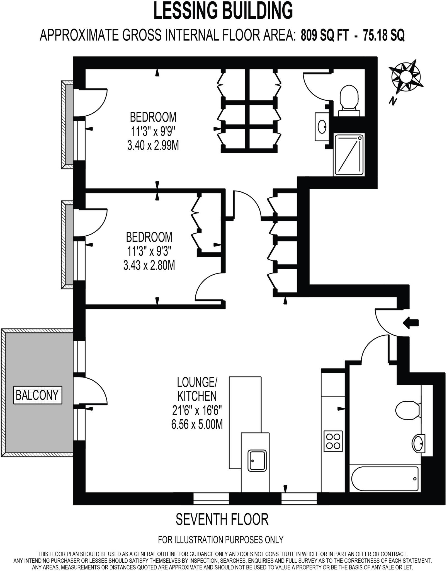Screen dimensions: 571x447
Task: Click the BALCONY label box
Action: tap(38, 395)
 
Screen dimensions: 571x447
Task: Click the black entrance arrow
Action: tap(410, 323)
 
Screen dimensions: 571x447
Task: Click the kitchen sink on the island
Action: tap(257, 461)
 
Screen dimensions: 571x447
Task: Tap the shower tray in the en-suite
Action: tap(349, 155)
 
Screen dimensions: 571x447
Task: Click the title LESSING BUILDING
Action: tap(223, 11)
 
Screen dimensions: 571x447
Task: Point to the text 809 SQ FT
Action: tap(324, 35)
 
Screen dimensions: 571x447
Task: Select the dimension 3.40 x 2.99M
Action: tap(153, 145)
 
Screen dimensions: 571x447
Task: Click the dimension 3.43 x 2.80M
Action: tap(149, 265)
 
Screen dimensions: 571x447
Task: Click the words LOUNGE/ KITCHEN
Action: tap(197, 389)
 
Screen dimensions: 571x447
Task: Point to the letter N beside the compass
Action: tap(393, 101)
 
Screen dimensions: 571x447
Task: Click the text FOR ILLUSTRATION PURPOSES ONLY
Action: tap(221, 540)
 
